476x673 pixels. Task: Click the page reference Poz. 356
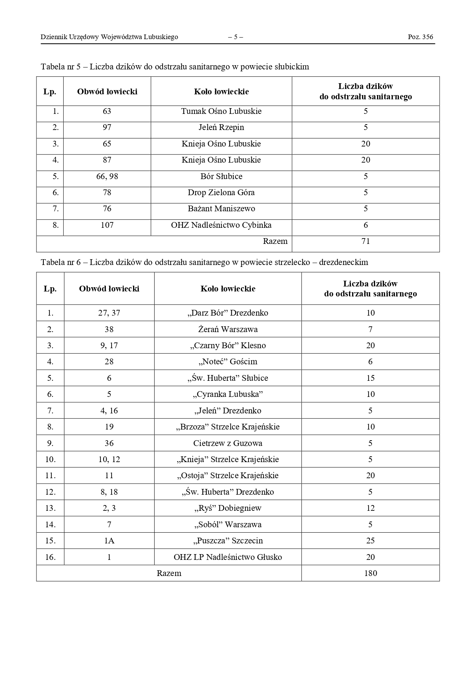(420, 37)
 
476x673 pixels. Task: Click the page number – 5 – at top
(235, 37)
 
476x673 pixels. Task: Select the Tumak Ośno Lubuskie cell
(221, 112)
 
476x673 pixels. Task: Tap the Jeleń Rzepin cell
(221, 128)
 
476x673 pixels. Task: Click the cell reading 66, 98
(107, 176)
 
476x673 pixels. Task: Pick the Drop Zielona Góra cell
(221, 193)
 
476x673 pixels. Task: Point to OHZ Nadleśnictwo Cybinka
(221, 225)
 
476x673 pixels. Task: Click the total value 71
(366, 241)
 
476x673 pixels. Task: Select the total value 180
(370, 573)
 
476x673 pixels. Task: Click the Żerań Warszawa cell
(228, 329)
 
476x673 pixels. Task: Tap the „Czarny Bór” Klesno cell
(228, 346)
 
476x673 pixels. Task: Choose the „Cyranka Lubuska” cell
(228, 394)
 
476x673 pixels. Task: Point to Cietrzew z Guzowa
(228, 443)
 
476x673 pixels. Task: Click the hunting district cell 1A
(109, 541)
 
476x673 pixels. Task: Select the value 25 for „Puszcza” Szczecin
(370, 541)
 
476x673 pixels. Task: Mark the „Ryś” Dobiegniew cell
(228, 508)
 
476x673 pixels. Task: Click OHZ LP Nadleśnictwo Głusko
(228, 557)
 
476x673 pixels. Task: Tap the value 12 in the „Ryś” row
(370, 508)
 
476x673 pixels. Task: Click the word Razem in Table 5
(275, 241)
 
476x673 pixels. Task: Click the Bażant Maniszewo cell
(221, 209)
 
